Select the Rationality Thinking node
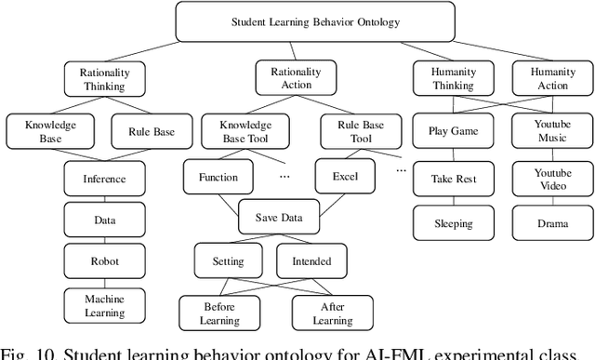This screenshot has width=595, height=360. [104, 79]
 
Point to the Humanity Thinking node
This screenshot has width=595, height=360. [453, 79]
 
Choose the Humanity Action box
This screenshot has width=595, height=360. [553, 79]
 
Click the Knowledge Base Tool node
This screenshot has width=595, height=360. [245, 131]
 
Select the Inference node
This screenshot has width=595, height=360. [103, 180]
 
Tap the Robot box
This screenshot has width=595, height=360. [103, 261]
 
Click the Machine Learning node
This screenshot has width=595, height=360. [103, 305]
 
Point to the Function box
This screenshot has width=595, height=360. [218, 177]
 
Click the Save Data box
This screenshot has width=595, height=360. [278, 218]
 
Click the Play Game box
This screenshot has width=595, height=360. [453, 131]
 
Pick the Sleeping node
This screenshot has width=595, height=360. [453, 223]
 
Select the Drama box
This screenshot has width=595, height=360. [553, 223]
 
